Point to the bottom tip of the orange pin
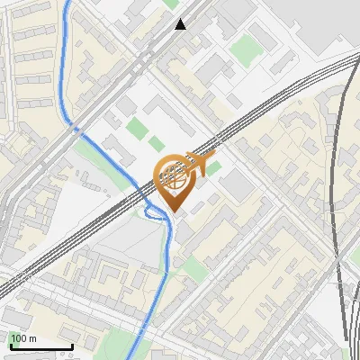[172, 212]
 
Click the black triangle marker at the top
[181, 24]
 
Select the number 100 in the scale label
[18, 338]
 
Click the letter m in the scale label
[32, 338]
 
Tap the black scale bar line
[40, 346]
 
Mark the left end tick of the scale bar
[10, 345]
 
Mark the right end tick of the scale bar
[72, 345]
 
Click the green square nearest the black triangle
[171, 4]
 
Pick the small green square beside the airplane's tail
[214, 167]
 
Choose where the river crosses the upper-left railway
[76, 130]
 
